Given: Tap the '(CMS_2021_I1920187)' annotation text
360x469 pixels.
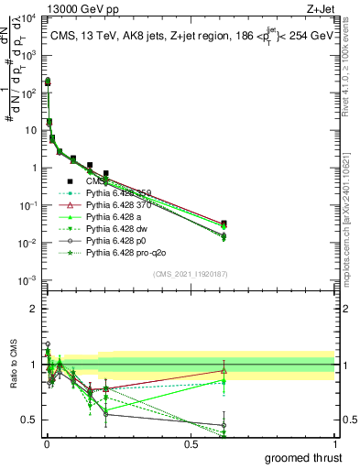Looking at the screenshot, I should click(x=191, y=273).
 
